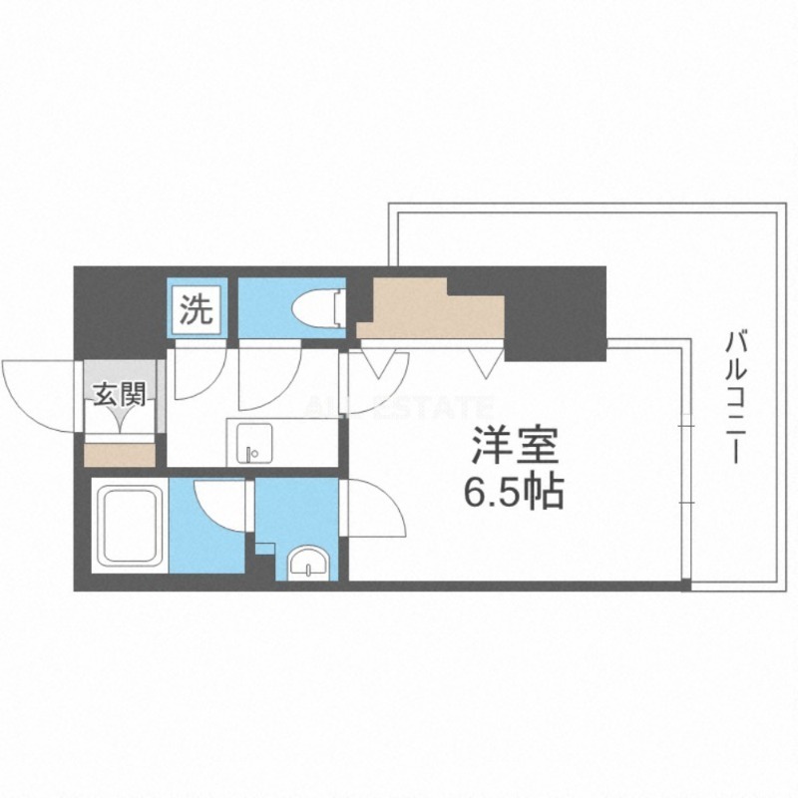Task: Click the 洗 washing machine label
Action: click(196, 311)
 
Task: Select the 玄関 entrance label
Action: click(120, 395)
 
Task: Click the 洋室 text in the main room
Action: click(515, 445)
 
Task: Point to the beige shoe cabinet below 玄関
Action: click(120, 454)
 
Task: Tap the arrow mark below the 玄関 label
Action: click(120, 418)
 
